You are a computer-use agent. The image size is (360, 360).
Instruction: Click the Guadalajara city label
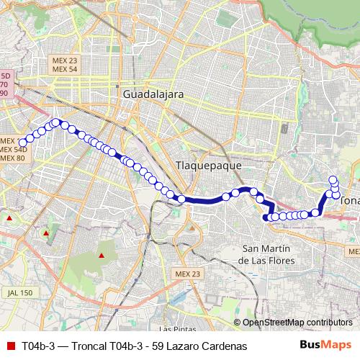(153, 94)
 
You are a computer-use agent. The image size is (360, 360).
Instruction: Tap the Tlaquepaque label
(209, 166)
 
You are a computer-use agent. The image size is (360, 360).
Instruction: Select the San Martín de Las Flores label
(267, 254)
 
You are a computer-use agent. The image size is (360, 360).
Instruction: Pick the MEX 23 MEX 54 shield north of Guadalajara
(65, 65)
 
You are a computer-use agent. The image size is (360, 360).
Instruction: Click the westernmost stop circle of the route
(22, 141)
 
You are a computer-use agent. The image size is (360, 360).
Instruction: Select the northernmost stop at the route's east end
(333, 180)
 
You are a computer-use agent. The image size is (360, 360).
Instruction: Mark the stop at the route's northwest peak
(55, 122)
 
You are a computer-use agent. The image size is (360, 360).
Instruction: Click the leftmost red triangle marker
(9, 217)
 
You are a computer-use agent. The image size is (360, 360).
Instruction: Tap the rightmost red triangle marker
(102, 255)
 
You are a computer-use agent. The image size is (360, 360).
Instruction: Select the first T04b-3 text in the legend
(38, 346)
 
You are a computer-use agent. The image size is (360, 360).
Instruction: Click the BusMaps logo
(326, 346)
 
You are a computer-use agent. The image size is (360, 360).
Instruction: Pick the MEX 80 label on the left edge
(12, 158)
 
